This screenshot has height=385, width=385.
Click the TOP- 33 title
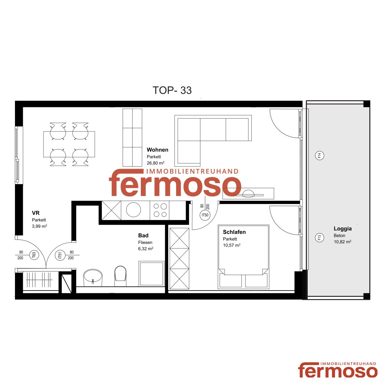pos(172,90)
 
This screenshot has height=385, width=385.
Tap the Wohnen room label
pos(158,150)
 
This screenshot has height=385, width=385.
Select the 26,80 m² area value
pos(155,163)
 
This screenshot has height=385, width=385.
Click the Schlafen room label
pos(234,232)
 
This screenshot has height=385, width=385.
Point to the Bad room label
pos(143,236)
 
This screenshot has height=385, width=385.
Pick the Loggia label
pos(343,229)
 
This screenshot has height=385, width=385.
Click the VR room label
pos(36,213)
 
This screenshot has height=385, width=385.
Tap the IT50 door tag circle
pos(205,215)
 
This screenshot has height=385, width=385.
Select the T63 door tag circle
pos(34,255)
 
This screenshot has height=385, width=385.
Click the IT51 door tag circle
pos(60,255)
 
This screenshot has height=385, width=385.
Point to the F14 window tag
pos(319,155)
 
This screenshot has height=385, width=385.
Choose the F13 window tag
pos(319,237)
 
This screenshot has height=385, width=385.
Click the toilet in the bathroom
pos(120,276)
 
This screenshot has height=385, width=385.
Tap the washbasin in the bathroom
pos(93,278)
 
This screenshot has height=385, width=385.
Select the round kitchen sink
pos(133,210)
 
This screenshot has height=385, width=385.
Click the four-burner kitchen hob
pos(160,210)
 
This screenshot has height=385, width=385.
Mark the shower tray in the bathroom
pos(152,274)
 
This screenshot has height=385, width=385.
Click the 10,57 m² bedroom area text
pos(232,245)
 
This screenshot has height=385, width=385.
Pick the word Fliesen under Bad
pos(145,242)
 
